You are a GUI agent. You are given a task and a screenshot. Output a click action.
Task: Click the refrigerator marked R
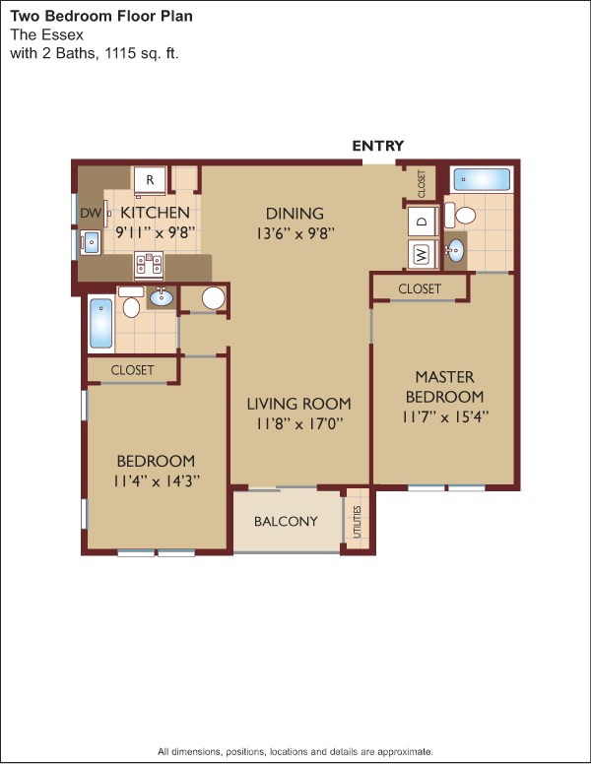tap(150, 181)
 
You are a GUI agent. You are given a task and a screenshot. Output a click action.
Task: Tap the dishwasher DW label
tap(91, 213)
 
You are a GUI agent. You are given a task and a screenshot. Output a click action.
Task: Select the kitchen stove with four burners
tap(149, 266)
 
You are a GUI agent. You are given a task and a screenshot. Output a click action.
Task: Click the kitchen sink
tap(91, 242)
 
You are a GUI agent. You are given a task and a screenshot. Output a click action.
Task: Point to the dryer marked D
tap(423, 221)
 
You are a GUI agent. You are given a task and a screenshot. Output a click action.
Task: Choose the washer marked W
tap(423, 253)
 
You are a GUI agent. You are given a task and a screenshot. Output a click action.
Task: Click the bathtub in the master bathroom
tap(482, 180)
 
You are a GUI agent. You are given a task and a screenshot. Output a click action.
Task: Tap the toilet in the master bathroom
tap(460, 215)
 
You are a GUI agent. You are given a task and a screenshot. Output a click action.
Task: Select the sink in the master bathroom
tap(455, 250)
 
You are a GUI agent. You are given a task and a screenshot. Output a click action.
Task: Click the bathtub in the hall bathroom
tap(101, 324)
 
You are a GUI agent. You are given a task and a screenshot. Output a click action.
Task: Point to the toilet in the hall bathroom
tap(131, 302)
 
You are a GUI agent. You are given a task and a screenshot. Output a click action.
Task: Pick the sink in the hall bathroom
tap(161, 296)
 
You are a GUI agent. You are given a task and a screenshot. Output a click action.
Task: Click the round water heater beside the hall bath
tap(214, 297)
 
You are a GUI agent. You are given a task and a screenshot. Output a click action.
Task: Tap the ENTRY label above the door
tap(378, 146)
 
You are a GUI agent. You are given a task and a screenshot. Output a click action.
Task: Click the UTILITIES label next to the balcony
tap(358, 522)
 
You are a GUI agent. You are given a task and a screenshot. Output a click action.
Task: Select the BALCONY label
tap(286, 522)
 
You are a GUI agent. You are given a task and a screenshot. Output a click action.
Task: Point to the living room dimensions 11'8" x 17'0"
tap(297, 423)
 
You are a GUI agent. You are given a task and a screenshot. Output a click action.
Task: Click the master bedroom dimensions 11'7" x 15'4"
tap(445, 417)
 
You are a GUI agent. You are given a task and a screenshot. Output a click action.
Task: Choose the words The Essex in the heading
tap(47, 35)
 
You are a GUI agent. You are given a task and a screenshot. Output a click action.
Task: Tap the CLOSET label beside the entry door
tap(423, 184)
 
